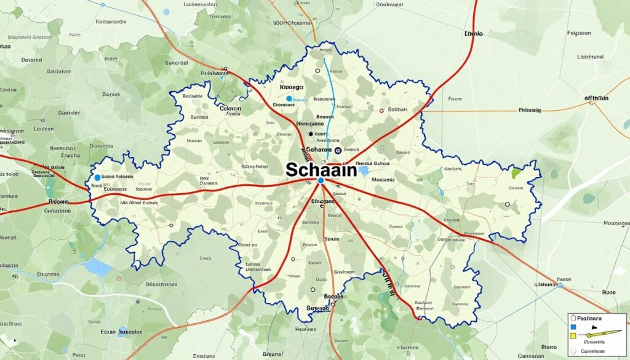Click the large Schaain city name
tap(321, 170)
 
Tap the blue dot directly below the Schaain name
tap(321, 180)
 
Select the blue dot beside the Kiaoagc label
tap(289, 98)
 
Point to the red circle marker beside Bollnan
tap(381, 111)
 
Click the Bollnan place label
tap(398, 110)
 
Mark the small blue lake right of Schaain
tap(364, 170)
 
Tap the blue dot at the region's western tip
tap(97, 178)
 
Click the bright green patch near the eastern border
tap(516, 174)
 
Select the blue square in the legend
tap(573, 327)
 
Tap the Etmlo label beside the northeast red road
tap(474, 34)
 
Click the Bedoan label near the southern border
tap(333, 296)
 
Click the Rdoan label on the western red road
tap(60, 201)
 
